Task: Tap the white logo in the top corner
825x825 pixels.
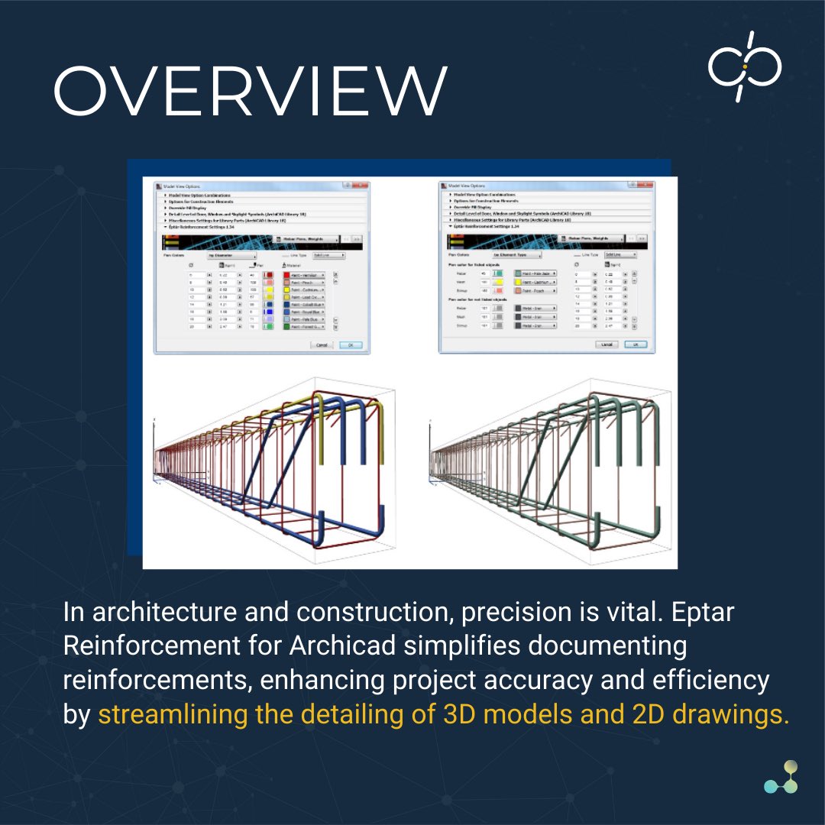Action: (x=744, y=66)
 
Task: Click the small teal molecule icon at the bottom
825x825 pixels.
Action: (x=780, y=777)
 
